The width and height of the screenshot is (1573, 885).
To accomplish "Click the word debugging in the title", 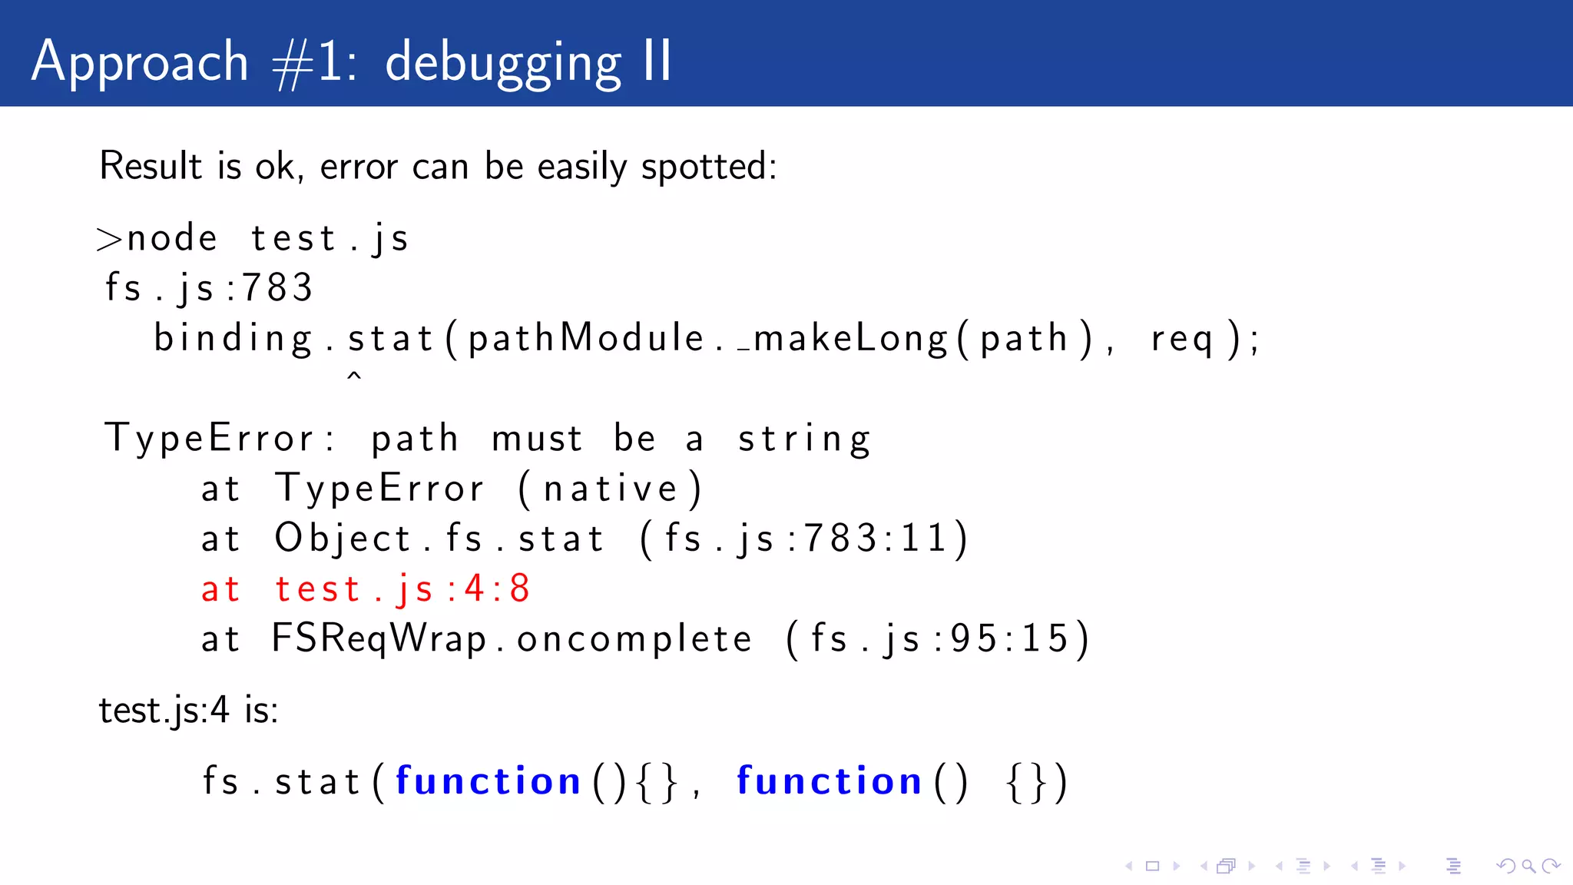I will [502, 63].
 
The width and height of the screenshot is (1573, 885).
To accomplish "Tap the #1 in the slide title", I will [313, 63].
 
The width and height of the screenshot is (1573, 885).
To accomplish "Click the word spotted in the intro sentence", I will [708, 167].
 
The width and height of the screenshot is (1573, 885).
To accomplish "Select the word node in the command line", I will [172, 238].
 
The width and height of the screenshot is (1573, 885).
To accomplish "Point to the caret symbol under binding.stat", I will [354, 377].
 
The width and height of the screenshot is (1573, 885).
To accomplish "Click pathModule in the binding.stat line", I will [585, 338].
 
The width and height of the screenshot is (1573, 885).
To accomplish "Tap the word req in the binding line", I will [1181, 339].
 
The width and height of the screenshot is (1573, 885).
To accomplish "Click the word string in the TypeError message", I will [803, 439].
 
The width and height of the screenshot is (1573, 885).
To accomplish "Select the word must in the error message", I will [537, 439].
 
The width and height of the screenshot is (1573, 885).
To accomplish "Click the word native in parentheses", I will [611, 489].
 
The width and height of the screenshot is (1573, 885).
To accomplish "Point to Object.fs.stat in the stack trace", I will [439, 539].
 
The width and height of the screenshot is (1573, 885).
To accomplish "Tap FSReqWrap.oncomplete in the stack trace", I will [512, 639].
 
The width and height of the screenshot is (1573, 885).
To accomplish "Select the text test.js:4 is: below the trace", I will [188, 710].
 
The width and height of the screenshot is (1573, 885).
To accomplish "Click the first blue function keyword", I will [488, 781].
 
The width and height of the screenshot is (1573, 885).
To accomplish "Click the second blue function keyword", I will [829, 781].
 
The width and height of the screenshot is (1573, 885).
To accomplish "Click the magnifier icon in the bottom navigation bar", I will [1528, 867].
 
